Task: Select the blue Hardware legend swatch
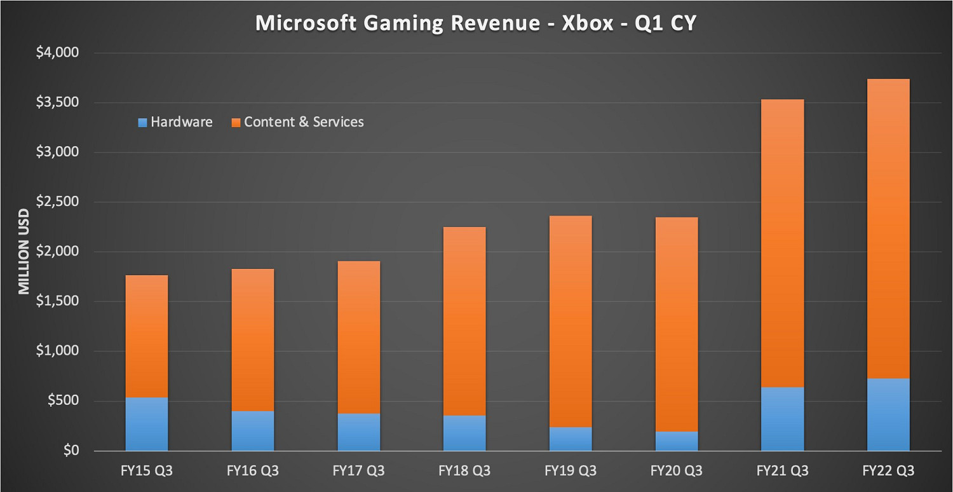pos(142,122)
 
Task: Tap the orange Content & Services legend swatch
pos(236,122)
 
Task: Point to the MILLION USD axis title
pos(24,252)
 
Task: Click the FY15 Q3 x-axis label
pos(146,471)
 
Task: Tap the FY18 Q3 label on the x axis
pos(464,471)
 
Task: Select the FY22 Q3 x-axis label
pos(888,471)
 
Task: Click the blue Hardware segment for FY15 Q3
pos(146,424)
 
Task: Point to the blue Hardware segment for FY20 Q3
pos(676,441)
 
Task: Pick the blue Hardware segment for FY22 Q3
pos(888,414)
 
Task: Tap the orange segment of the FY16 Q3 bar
pos(252,339)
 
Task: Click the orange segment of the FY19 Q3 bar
pos(571,321)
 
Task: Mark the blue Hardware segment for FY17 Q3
pos(358,432)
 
